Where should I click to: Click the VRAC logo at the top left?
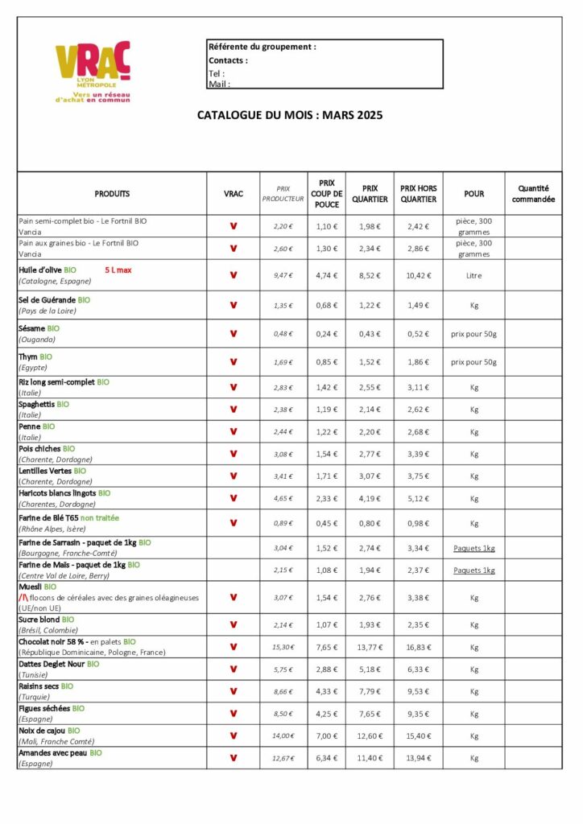[x=93, y=70]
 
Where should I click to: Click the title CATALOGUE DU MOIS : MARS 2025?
[x=290, y=115]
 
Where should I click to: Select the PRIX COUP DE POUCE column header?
[x=327, y=193]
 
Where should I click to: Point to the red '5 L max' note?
[x=118, y=270]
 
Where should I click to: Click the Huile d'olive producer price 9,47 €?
[x=283, y=275]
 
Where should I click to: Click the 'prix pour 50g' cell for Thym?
[x=473, y=362]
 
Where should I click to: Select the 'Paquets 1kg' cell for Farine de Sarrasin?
[x=473, y=548]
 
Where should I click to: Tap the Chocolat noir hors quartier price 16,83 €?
[x=418, y=647]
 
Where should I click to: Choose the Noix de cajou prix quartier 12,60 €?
[x=370, y=735]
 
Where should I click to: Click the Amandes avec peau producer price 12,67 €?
[x=283, y=758]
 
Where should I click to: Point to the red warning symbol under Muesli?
[x=23, y=598]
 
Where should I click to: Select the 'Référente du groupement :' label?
[x=262, y=47]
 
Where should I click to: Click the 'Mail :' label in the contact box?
[x=219, y=84]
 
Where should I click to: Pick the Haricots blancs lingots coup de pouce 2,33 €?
[x=327, y=499]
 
